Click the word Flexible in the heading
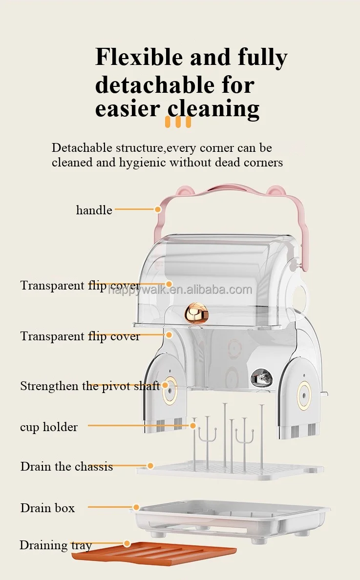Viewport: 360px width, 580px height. pos(138,58)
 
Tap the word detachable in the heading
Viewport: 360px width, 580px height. pos(155,85)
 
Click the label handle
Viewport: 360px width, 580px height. pos(94,210)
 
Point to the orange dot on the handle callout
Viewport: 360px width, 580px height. pos(158,209)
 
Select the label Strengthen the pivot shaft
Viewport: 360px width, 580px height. pos(90,386)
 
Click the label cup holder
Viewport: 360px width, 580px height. pos(49,427)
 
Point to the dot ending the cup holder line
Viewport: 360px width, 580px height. pos(193,426)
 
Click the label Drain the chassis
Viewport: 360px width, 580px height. pos(66,466)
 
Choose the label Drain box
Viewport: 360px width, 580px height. pos(47,508)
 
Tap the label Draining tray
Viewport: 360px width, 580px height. pos(55,545)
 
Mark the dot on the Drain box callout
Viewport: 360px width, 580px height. pos(136,507)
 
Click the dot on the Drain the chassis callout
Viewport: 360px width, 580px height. pos(150,466)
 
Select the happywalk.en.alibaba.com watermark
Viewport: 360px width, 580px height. pos(180,290)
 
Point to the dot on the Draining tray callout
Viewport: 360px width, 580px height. pos(127,543)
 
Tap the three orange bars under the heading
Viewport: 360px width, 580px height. pos(178,122)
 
